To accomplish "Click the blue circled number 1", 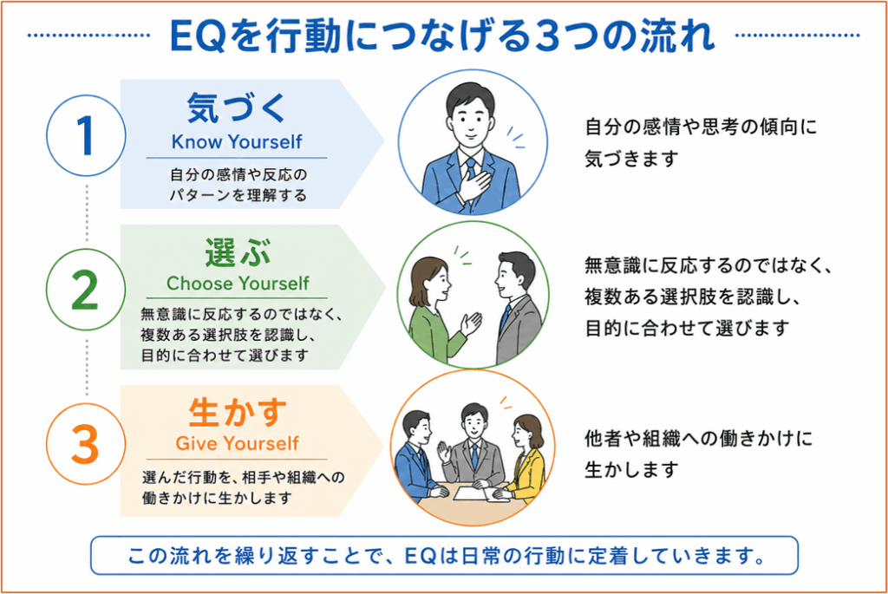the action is [x=86, y=136].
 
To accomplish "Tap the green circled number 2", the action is [x=86, y=290].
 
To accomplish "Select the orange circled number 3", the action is [x=86, y=444].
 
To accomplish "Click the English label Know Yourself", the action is [x=237, y=141].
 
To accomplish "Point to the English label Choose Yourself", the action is [x=238, y=284].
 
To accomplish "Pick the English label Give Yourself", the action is [x=238, y=443].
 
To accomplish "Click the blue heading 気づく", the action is [x=237, y=108].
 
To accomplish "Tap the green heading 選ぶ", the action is [x=238, y=252].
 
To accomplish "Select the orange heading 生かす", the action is [x=238, y=412].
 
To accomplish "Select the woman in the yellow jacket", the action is [x=526, y=458].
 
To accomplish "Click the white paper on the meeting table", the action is [x=471, y=493].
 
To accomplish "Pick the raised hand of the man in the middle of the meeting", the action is [x=443, y=453].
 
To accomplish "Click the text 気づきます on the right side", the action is [x=631, y=159].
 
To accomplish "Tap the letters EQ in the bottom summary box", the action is [x=420, y=556].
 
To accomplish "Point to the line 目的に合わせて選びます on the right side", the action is [x=687, y=328].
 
